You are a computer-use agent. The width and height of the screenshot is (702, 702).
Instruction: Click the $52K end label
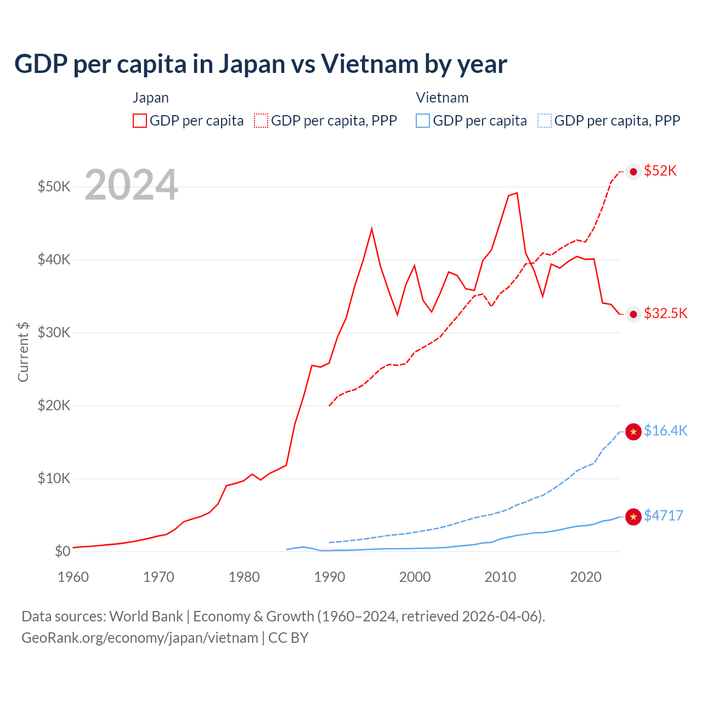pos(660,171)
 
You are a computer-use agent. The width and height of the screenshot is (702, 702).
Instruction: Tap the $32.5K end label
pos(665,313)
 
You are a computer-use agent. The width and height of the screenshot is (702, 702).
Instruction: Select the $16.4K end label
pos(665,431)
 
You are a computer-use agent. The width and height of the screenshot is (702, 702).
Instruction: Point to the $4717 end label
pos(663,516)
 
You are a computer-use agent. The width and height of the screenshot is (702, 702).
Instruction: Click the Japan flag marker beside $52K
pos(633,172)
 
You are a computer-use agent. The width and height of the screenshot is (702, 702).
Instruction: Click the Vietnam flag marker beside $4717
pos(633,517)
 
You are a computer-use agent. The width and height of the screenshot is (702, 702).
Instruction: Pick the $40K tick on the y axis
pos(54,259)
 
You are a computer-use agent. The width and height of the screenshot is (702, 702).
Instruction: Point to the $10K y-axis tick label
pos(54,478)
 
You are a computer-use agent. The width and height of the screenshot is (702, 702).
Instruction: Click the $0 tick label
pos(62,551)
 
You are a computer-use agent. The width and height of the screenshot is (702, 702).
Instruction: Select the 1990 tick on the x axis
pos(330,577)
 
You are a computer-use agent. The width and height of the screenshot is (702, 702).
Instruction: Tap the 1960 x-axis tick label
pos(73,577)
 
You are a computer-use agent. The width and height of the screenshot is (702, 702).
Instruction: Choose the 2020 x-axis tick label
pos(586,577)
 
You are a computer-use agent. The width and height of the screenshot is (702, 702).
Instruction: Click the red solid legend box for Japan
pos(140,121)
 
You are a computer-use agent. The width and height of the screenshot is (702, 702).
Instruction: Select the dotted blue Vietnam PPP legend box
pos(545,121)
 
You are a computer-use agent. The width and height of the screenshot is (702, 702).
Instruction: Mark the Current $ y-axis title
pos(23,352)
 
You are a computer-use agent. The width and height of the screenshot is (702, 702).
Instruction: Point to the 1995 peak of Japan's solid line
pos(372,229)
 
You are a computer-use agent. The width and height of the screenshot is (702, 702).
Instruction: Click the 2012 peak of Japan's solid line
pos(517,193)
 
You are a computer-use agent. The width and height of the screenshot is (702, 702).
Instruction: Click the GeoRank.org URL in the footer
pos(140,638)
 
